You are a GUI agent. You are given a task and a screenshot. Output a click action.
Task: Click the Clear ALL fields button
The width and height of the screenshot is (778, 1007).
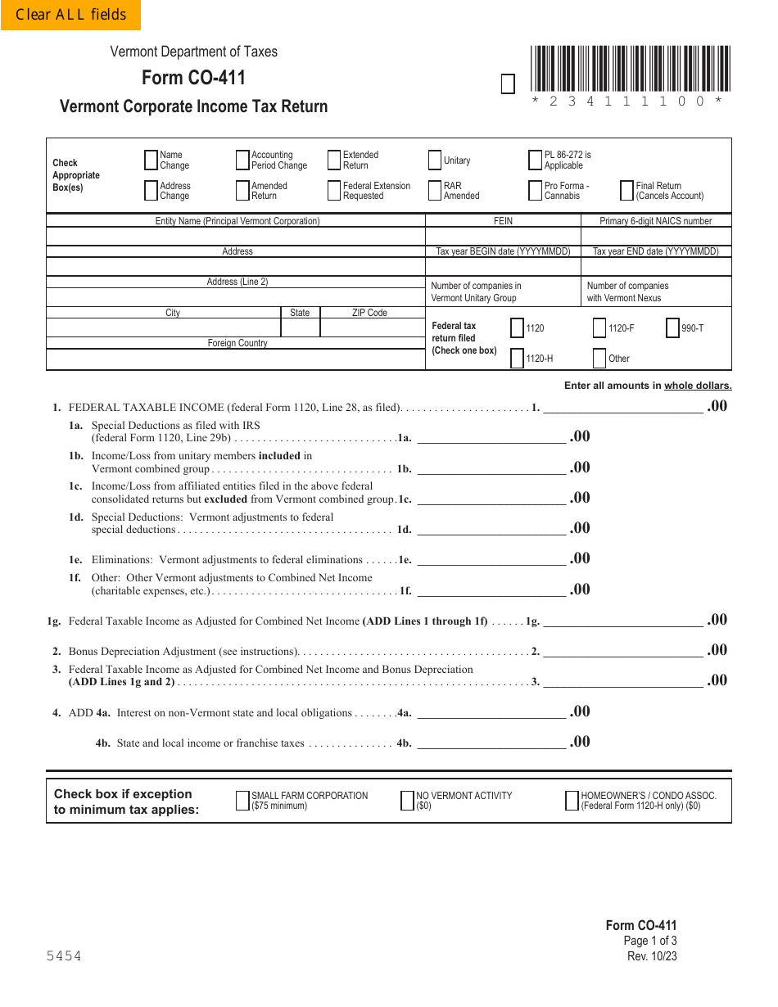tap(70, 15)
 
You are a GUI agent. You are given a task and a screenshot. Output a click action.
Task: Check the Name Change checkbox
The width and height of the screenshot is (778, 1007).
tap(151, 160)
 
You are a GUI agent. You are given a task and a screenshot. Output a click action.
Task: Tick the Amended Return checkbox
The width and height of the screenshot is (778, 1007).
tap(242, 191)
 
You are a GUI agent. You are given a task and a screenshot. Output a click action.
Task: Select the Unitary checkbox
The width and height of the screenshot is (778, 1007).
tap(435, 160)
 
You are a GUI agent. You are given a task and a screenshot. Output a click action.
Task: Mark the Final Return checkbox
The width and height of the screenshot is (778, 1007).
tap(627, 191)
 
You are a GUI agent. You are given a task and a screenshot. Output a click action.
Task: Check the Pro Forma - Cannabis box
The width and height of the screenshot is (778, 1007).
tap(536, 191)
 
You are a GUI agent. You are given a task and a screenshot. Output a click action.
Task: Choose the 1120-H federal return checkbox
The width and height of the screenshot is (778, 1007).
tap(517, 359)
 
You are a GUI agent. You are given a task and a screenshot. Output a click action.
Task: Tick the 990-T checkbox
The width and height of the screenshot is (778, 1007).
tap(672, 328)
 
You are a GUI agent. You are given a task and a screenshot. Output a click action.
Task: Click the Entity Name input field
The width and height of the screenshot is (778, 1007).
tap(236, 237)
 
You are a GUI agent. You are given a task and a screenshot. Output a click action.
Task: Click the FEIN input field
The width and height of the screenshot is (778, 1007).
tap(503, 237)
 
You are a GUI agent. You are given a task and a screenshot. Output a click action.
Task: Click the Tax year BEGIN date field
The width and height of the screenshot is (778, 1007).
tap(503, 267)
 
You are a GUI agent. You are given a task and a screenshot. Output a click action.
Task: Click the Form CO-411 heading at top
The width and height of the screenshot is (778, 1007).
tap(193, 78)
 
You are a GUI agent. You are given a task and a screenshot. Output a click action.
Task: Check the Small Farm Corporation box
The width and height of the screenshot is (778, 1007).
tap(242, 801)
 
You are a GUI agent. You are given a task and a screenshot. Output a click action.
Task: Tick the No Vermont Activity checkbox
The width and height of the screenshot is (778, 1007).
tap(407, 801)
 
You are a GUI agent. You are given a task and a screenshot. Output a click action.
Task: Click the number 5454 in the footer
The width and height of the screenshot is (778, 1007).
tap(64, 956)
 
